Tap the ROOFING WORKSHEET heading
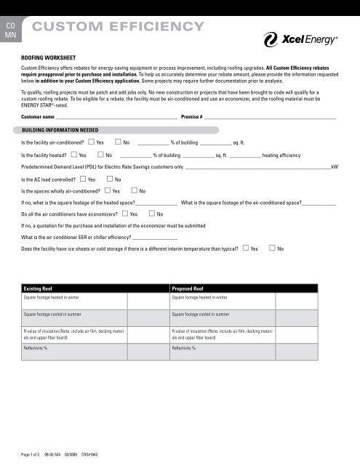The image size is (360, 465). click(x=52, y=54)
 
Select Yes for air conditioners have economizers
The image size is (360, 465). click(x=124, y=214)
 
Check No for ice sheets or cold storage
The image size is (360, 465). click(x=271, y=249)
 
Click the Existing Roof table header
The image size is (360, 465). click(x=40, y=288)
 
